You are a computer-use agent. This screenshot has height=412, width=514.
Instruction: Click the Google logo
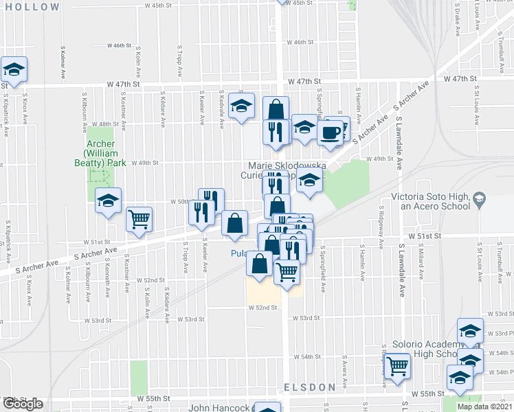[22, 404]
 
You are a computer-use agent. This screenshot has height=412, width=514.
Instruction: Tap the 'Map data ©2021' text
[484, 407]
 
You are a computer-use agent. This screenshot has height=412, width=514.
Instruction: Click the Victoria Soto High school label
[430, 201]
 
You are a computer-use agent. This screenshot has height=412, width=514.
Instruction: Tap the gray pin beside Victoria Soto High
[479, 201]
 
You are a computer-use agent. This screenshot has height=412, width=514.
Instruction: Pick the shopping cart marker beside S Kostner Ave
[139, 219]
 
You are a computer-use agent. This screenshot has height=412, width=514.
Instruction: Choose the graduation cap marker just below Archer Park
[108, 201]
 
